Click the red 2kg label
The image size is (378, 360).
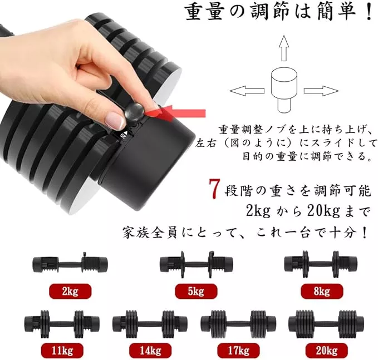(70, 292)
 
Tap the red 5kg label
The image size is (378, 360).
(196, 292)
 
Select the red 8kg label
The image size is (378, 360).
(322, 292)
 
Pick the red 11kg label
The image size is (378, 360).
(62, 351)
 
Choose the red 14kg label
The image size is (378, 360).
(150, 351)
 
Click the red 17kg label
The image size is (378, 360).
(239, 351)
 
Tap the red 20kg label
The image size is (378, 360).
(327, 351)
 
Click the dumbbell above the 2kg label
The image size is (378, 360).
(70, 264)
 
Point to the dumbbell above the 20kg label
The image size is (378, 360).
(327, 322)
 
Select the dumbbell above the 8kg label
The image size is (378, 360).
(321, 264)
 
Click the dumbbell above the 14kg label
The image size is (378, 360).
(150, 322)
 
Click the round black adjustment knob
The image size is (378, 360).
(134, 111)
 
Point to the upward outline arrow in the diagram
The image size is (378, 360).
(284, 48)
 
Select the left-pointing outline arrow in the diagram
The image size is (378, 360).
(247, 91)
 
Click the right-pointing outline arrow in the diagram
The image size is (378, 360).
(321, 91)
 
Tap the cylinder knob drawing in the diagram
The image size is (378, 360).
(284, 90)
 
